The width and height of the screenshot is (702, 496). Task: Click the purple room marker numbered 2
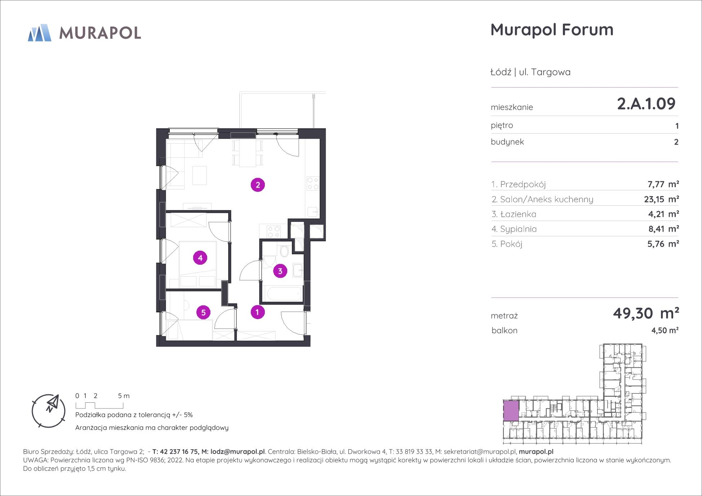coord(258,185)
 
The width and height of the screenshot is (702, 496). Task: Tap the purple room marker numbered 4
coord(200,258)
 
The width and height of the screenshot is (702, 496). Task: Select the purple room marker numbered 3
coord(280,271)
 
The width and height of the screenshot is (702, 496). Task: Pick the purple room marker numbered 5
coord(203,312)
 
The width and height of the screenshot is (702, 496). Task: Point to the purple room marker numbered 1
coord(257,312)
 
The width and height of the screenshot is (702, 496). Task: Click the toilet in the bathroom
coord(284,250)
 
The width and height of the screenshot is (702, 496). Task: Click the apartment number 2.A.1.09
coord(646,104)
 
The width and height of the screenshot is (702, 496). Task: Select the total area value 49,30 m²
coord(646,313)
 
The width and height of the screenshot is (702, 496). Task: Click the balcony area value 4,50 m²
coord(665,330)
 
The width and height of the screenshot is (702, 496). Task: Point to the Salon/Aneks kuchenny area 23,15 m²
coord(661,199)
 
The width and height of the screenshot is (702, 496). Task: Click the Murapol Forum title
coord(552,30)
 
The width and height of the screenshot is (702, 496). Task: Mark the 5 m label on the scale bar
coord(124,396)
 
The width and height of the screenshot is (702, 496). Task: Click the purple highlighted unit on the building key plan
coord(511,411)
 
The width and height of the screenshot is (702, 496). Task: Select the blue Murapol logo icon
coord(40,33)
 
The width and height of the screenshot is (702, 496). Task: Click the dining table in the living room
coord(248,153)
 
